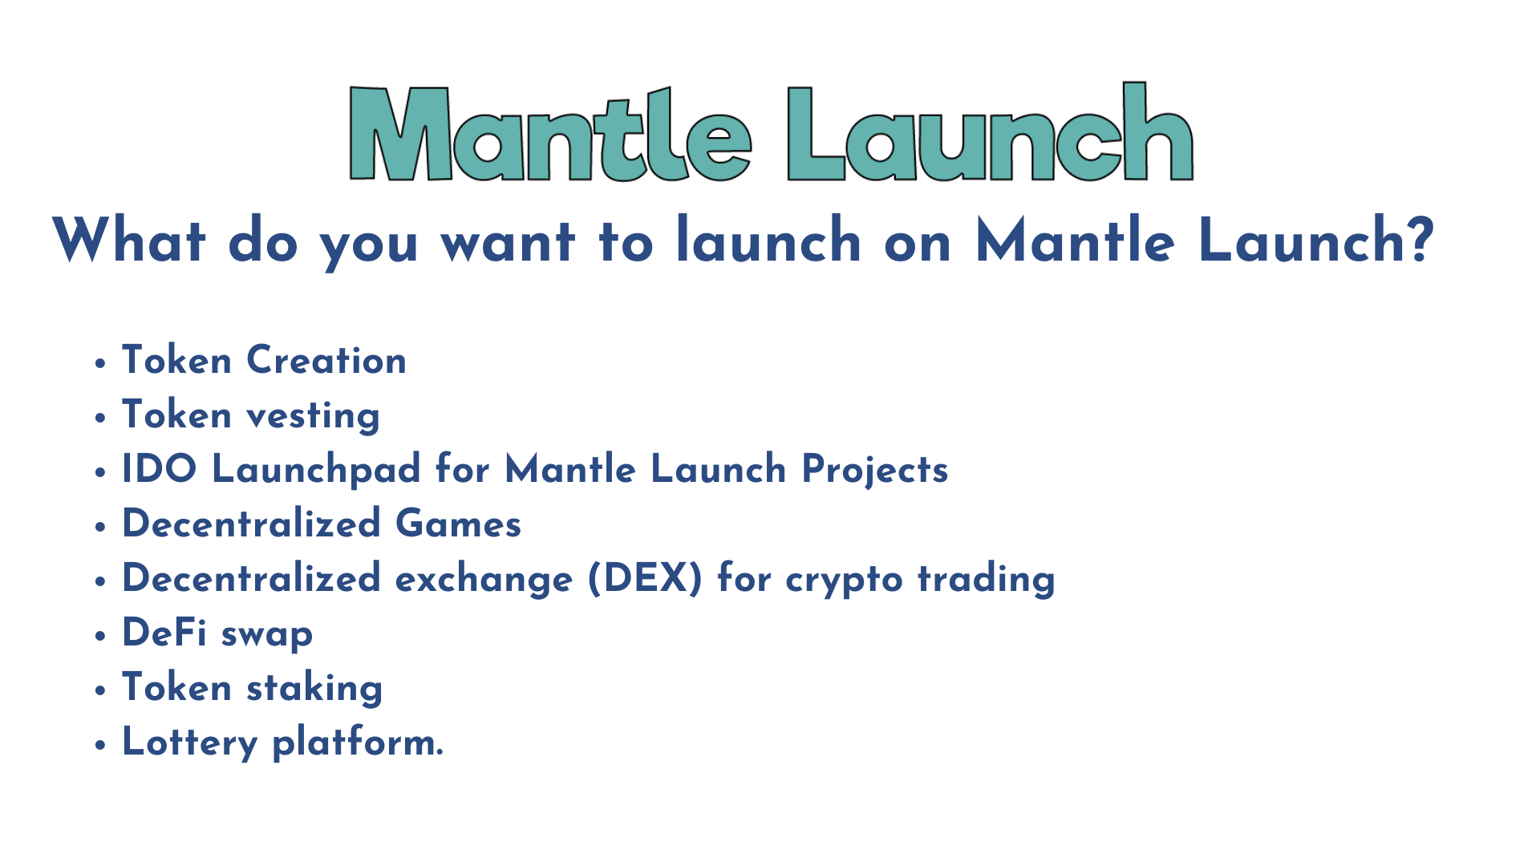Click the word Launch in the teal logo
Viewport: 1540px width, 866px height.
[990, 133]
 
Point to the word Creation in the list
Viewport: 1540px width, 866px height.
[326, 360]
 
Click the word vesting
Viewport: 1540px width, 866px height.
[313, 416]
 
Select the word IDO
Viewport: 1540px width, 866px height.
[159, 469]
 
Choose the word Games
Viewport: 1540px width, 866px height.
[458, 524]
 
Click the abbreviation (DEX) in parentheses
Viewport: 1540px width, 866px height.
[645, 578]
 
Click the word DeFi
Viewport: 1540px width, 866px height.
[164, 633]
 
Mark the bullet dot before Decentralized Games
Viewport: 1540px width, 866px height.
[100, 528]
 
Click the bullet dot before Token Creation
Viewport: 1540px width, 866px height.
[100, 364]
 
